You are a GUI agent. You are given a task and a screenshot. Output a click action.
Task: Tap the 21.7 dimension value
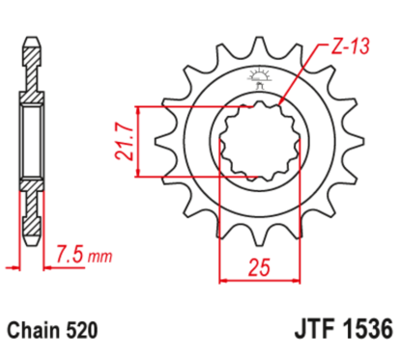(124, 142)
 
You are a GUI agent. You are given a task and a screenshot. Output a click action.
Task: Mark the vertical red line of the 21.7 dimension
(142, 141)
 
